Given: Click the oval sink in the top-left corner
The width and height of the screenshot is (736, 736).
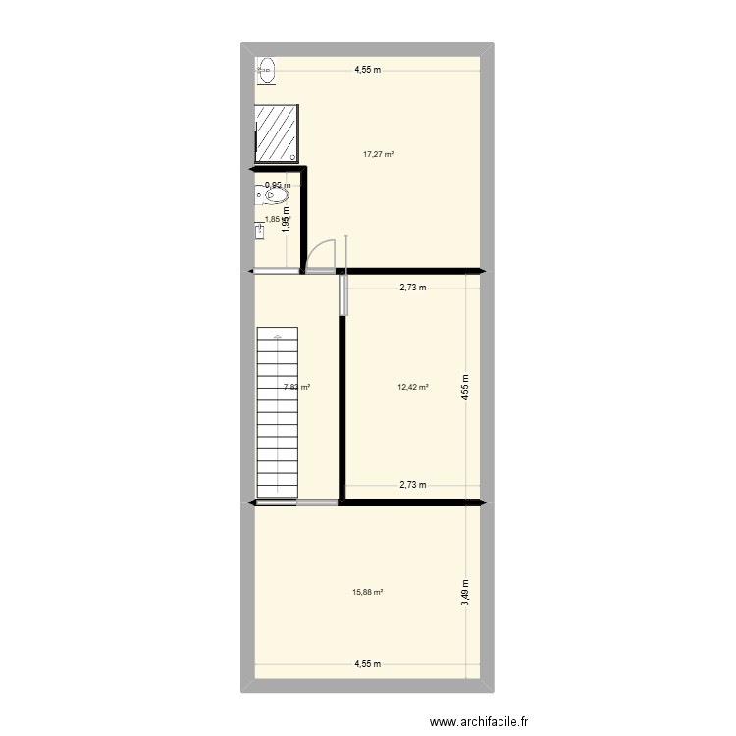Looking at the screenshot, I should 267,70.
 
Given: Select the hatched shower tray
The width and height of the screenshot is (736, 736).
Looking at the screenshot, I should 277,133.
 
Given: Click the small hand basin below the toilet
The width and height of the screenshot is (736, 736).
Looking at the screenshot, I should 260,232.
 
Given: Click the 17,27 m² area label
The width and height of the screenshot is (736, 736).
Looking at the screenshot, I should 378,154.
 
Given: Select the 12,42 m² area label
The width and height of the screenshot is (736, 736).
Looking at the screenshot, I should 413,387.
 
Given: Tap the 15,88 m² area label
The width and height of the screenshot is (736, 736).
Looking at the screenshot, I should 367,592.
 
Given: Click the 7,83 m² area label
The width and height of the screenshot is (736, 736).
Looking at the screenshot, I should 296,387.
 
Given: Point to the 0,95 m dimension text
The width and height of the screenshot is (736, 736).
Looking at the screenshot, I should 278,185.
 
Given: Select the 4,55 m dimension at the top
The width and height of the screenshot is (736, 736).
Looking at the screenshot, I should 368,70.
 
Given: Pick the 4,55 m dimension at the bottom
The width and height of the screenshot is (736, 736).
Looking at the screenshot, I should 368,664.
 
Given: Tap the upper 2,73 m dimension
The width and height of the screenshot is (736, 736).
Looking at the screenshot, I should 412,288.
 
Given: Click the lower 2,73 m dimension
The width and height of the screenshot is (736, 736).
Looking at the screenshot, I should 412,484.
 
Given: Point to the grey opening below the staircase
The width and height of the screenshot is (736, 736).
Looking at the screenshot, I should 316,503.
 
